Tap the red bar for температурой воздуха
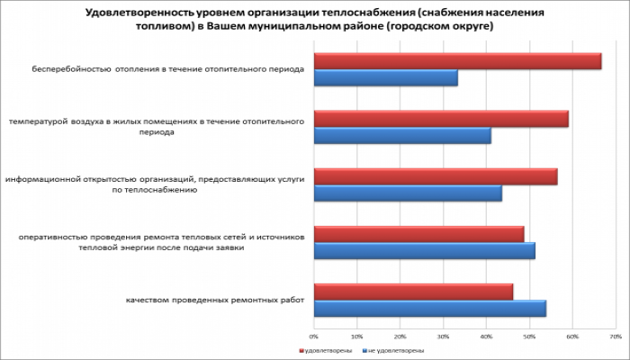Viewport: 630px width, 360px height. pos(441,119)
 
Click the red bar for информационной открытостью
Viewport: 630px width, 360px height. pos(436,176)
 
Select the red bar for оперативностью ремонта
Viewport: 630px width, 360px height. pos(418,234)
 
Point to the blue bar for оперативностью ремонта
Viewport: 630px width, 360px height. pos(424,251)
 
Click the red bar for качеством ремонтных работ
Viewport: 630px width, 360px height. pos(413,292)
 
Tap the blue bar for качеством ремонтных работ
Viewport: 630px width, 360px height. pos(429,309)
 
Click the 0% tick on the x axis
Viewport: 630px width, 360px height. pos(313,336)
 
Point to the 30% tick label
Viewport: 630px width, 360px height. pos(443,336)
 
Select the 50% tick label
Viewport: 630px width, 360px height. pos(529,336)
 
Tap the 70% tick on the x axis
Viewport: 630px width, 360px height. pos(616,336)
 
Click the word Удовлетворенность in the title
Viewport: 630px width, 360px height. pos(137,13)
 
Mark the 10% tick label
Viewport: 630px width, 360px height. pos(356,336)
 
